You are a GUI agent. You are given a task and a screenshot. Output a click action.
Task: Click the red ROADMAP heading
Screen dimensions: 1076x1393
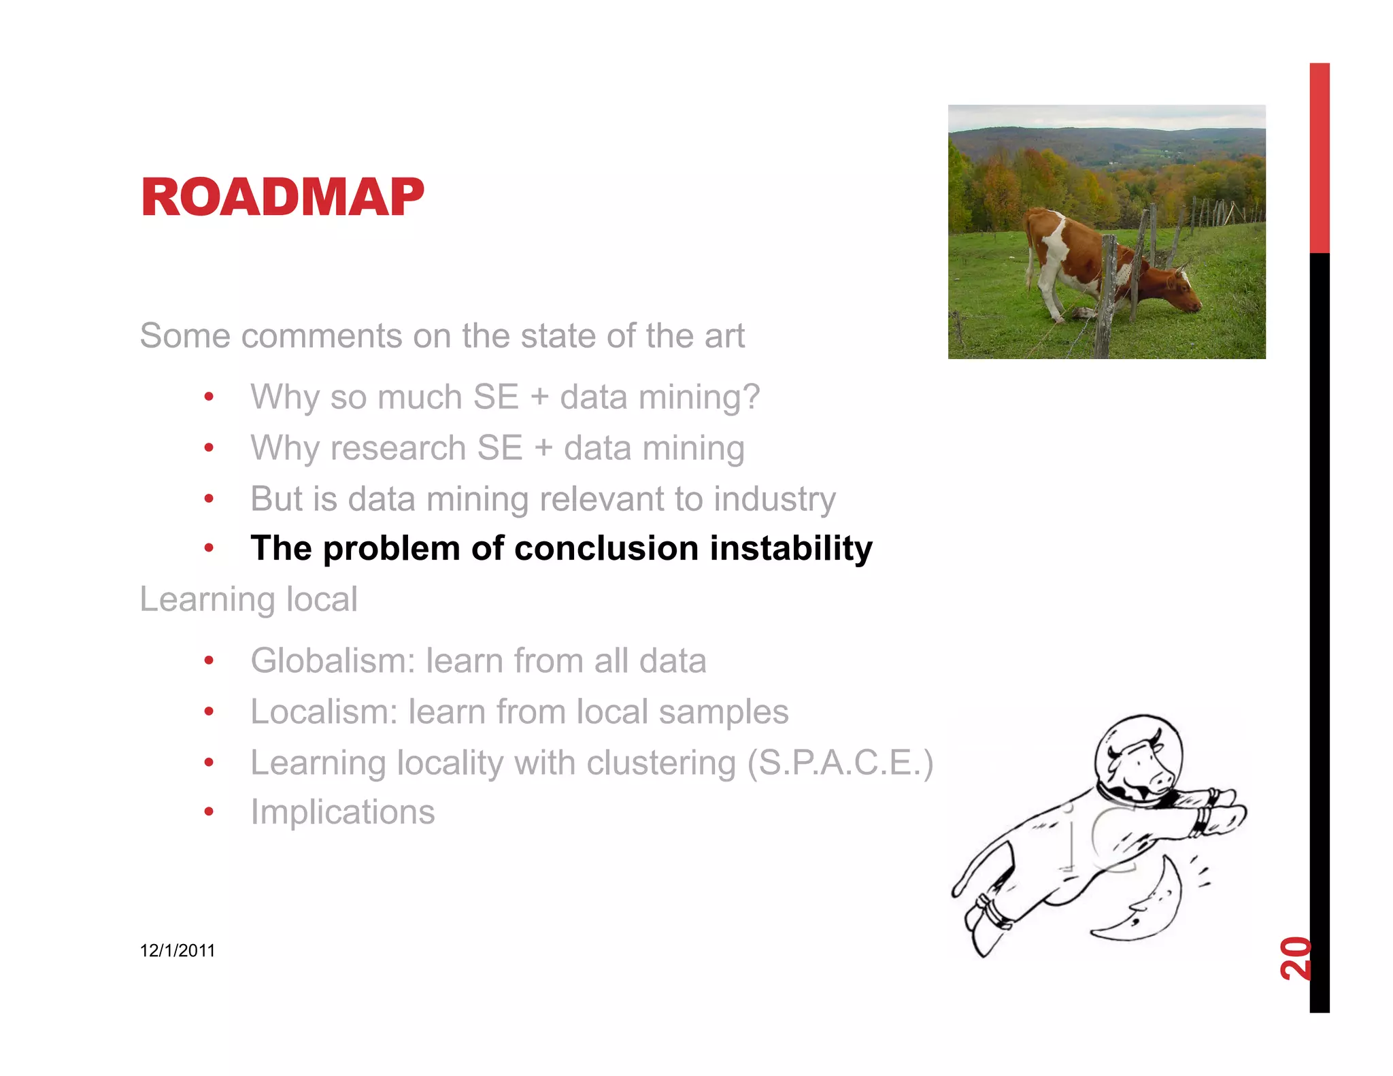282,197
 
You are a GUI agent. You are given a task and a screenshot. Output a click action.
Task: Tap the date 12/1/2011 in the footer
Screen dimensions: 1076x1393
177,950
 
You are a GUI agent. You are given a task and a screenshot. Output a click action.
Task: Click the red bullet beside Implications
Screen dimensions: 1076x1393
209,811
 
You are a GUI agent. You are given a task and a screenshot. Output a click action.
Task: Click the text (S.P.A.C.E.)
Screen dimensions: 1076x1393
840,762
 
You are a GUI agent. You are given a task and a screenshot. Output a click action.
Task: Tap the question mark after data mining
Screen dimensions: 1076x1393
751,397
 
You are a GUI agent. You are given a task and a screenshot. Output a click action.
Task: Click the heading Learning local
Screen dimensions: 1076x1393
248,599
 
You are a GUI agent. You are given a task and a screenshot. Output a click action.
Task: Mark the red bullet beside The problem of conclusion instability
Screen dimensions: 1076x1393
209,548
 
